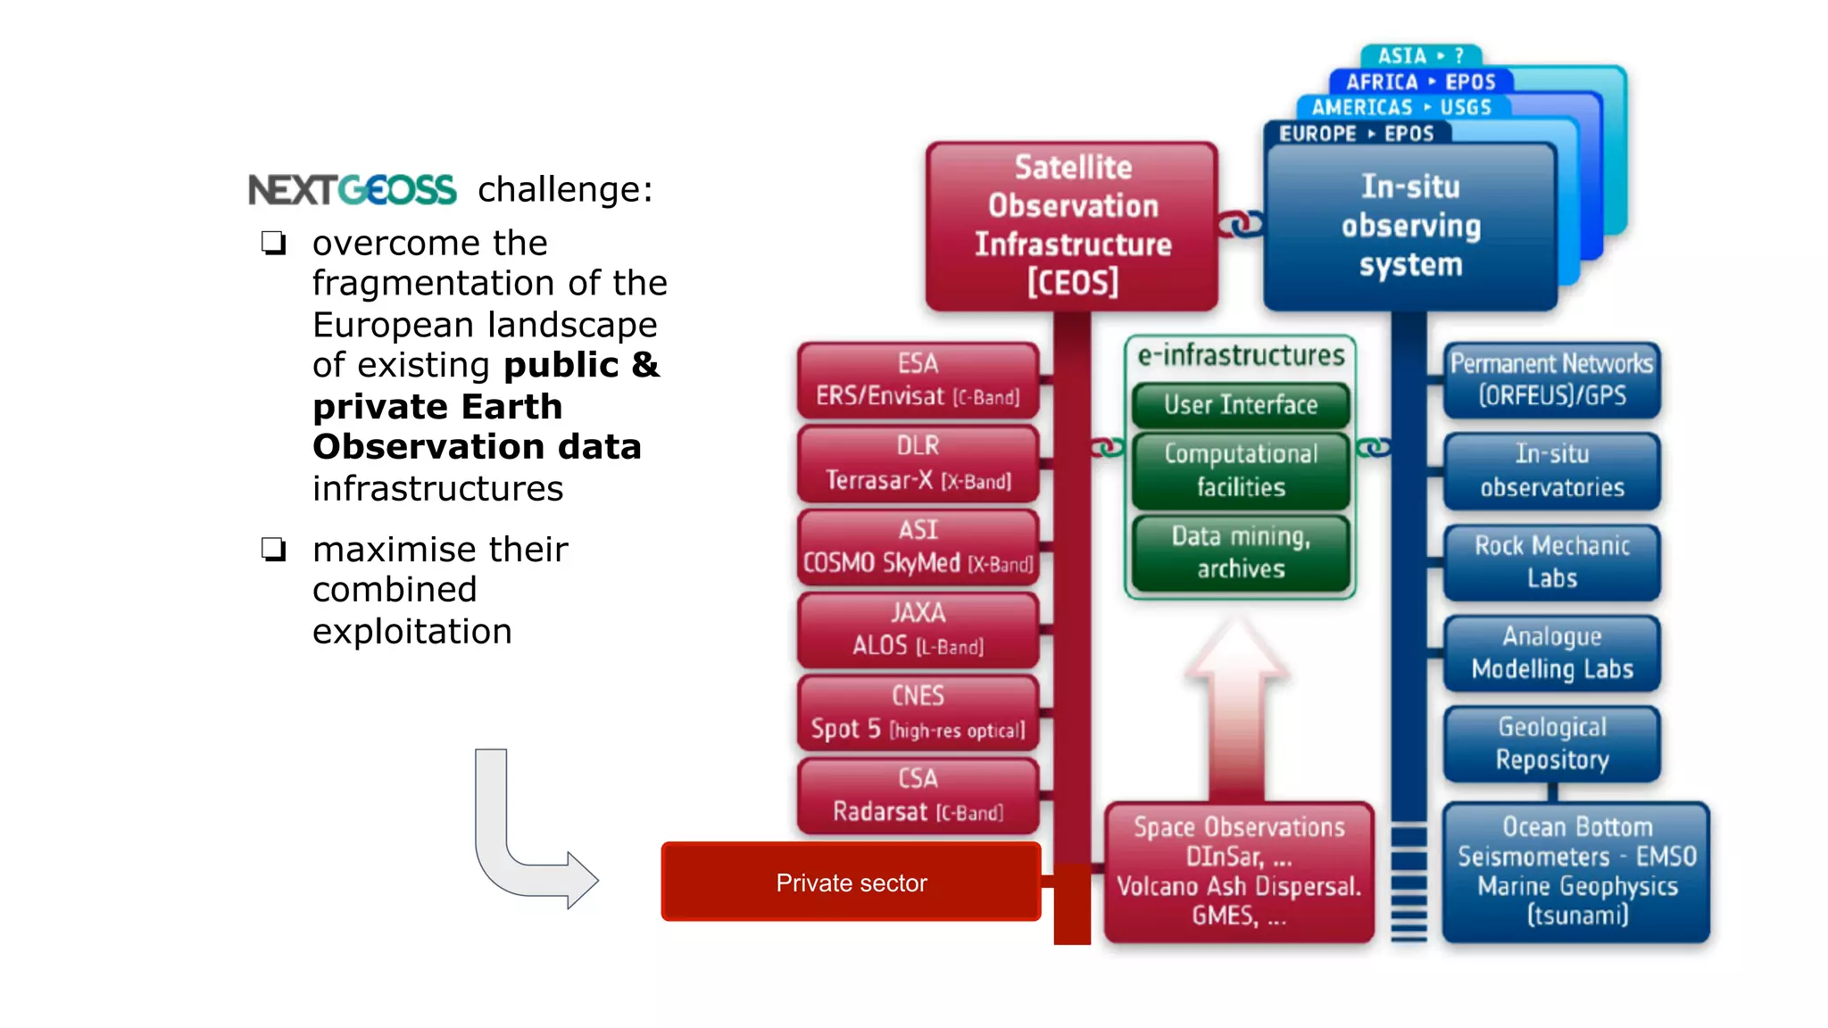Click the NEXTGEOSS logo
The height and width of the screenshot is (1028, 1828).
coord(352,190)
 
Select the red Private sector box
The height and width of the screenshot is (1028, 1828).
coord(851,882)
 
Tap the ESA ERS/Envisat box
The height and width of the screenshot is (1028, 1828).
coord(918,380)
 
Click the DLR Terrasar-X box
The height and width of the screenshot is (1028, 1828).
coord(918,463)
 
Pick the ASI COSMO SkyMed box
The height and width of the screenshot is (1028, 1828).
coord(918,546)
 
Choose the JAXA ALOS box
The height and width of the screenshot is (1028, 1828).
coord(918,629)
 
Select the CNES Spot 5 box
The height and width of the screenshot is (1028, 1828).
coord(918,713)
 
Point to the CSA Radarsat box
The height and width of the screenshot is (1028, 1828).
coord(918,795)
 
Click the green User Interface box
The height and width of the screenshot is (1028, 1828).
coord(1241,405)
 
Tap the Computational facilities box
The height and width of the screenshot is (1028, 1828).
coord(1241,470)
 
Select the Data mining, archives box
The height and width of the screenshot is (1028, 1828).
coord(1241,552)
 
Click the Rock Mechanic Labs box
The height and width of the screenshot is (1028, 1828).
coord(1552,562)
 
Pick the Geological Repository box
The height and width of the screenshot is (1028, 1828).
coord(1552,743)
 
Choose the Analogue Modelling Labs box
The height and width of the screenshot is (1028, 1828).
coord(1552,653)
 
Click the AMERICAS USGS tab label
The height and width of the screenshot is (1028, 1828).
coord(1401,108)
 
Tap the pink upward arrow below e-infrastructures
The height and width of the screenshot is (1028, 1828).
coord(1237,705)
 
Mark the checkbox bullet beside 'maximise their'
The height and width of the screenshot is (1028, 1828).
coord(273,549)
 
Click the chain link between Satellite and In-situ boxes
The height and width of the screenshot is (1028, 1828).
coord(1241,223)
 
